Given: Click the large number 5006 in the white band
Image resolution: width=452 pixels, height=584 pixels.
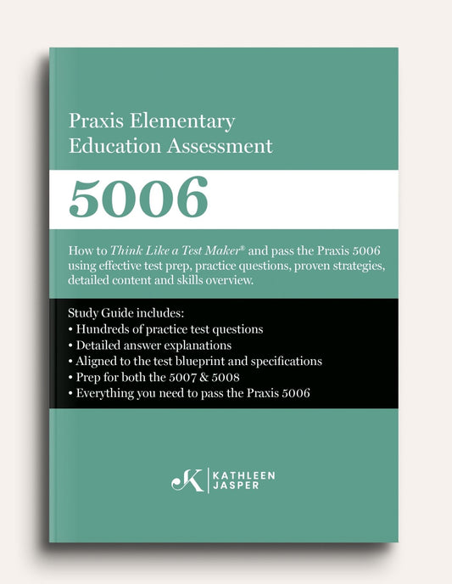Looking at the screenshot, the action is pos(138,199).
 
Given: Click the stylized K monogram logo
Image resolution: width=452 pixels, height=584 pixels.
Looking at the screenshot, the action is pos(187,481).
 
